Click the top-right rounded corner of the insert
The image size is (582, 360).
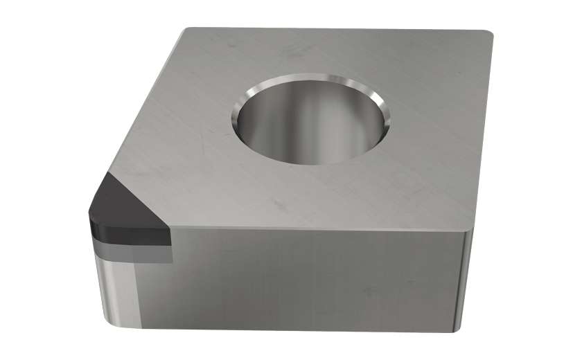pos(487,34)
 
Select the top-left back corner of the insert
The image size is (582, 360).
pos(186,30)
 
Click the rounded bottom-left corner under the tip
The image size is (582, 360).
pos(111,320)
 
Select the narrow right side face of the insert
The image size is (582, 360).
pos(468,277)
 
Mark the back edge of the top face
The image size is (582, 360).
pos(333,28)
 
